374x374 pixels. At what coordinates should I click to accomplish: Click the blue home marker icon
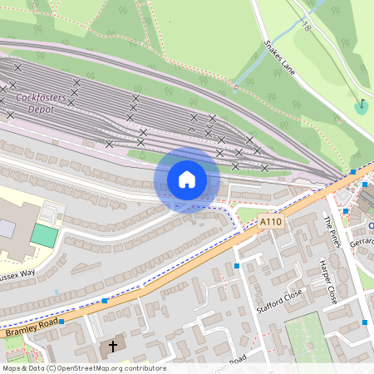click(x=187, y=180)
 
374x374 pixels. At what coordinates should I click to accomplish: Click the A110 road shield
click(x=270, y=222)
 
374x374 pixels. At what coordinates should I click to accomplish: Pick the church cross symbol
click(x=112, y=345)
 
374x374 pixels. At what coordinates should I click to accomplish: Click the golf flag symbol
click(x=361, y=106)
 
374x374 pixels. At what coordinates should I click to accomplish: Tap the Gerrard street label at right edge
click(x=362, y=241)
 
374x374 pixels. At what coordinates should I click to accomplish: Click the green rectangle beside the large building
click(x=45, y=234)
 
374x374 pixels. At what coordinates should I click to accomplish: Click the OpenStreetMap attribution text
click(x=83, y=368)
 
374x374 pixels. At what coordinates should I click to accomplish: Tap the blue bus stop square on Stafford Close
click(x=237, y=266)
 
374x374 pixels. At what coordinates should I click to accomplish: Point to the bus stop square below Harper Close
click(x=364, y=322)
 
